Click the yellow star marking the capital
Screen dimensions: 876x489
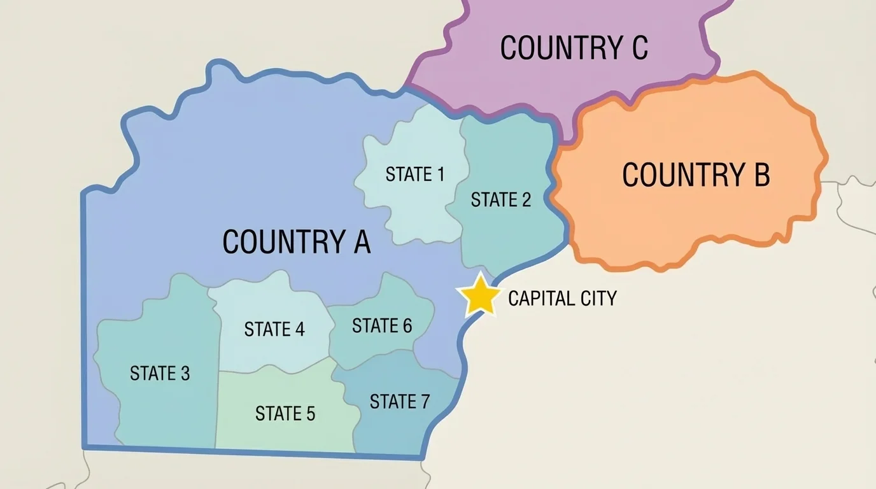(x=479, y=295)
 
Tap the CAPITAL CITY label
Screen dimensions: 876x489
(x=562, y=298)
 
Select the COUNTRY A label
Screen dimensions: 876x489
(x=297, y=242)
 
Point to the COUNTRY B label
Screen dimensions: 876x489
(x=696, y=175)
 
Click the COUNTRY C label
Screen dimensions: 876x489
(x=574, y=48)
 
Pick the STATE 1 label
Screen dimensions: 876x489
(x=415, y=174)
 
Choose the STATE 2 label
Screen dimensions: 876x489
(x=500, y=200)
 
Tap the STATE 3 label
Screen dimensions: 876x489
(x=160, y=373)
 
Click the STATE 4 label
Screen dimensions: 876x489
(x=274, y=329)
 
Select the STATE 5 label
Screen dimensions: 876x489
(x=285, y=414)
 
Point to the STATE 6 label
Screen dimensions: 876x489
(x=382, y=326)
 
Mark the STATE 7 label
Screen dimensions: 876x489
(x=400, y=402)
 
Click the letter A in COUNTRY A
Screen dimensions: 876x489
(x=362, y=242)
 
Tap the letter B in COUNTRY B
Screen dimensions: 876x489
(x=761, y=175)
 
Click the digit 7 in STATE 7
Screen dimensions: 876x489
(x=425, y=402)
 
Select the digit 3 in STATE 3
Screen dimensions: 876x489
(x=185, y=373)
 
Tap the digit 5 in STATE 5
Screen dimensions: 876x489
(x=310, y=414)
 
